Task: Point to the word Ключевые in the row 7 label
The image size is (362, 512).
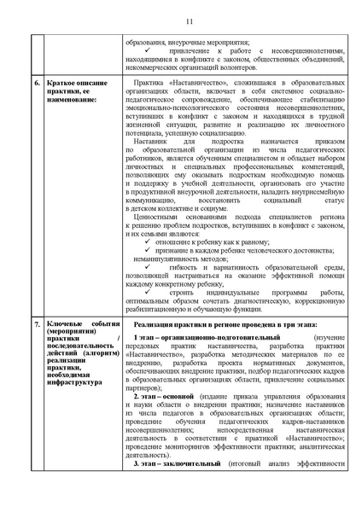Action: click(x=65, y=326)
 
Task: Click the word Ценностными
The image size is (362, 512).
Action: click(x=160, y=219)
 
